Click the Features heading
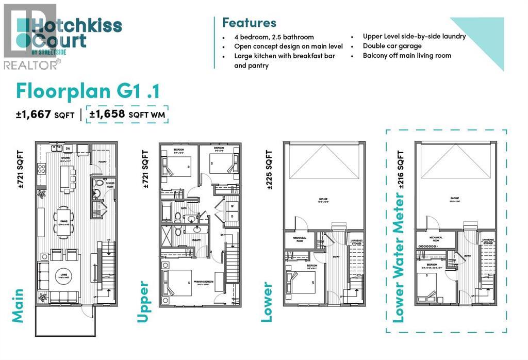(x=249, y=23)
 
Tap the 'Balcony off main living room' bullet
(x=407, y=56)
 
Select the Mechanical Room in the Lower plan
(x=299, y=239)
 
